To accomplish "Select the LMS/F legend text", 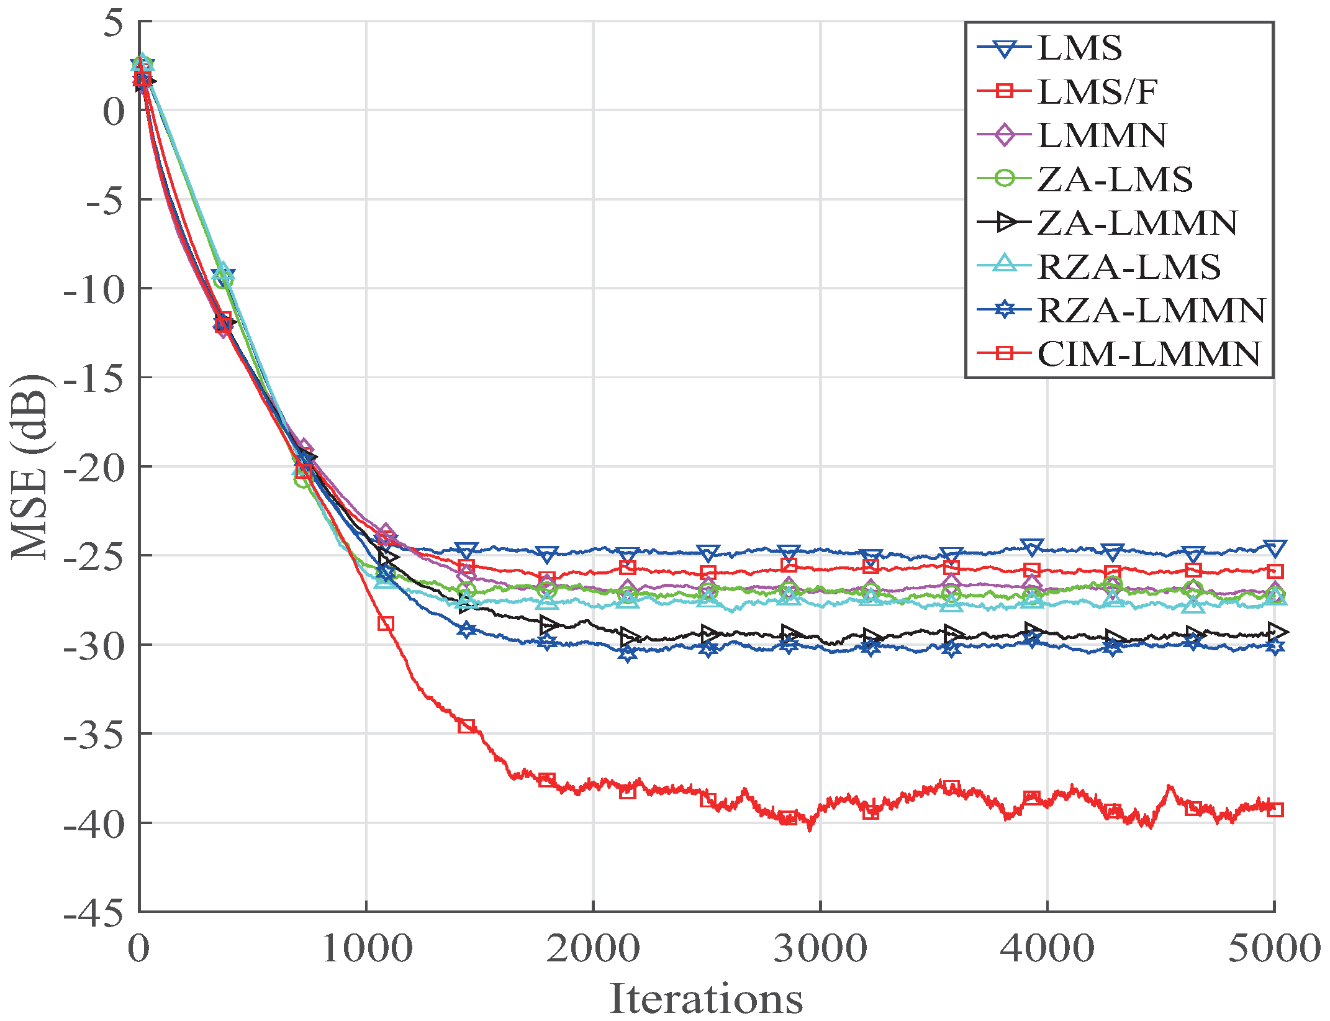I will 1097,92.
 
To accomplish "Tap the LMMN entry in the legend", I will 1102,135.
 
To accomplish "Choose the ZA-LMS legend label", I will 1115,179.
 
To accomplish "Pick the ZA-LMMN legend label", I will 1137,223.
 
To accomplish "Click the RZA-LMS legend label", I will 1129,267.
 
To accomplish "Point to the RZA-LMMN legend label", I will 1151,311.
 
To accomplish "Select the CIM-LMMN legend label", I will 1149,354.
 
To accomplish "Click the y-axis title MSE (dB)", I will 30,467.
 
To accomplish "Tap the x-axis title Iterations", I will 706,998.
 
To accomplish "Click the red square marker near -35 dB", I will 466,726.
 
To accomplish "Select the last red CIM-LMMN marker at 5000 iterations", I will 1275,810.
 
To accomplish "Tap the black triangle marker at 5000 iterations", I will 1276,633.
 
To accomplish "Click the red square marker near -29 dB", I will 386,624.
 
